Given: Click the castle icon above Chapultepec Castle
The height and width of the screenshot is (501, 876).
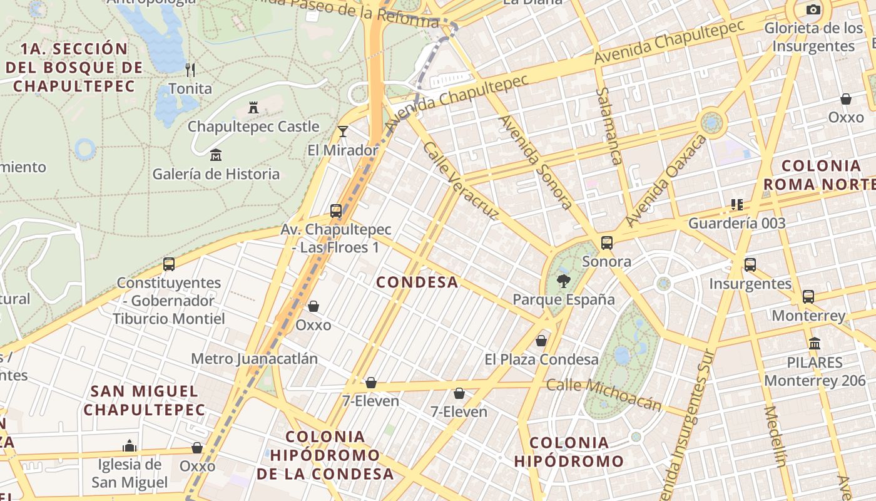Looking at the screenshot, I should click(253, 108).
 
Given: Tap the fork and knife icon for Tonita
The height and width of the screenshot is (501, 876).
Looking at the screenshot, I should click(190, 70).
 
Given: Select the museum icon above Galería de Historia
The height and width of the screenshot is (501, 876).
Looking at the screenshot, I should click(216, 155).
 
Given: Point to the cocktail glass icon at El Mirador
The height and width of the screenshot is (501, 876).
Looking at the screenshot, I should click(343, 131).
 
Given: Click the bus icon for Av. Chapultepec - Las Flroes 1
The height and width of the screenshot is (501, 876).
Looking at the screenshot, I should click(336, 210).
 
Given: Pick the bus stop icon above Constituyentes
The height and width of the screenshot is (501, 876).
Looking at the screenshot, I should click(169, 264).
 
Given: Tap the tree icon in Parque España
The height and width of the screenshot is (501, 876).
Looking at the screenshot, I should click(564, 281).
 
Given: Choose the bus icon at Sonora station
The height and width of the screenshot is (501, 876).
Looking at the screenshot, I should click(606, 243).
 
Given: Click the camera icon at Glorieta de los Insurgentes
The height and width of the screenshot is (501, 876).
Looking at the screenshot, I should click(813, 9).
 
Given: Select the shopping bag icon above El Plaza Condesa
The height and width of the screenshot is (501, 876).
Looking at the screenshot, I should click(541, 341).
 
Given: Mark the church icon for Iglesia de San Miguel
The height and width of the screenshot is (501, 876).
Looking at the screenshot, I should click(130, 446).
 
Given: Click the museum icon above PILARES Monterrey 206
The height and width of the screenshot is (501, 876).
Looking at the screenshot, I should click(815, 343).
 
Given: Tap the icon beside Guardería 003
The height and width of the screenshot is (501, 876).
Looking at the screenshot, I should click(737, 205).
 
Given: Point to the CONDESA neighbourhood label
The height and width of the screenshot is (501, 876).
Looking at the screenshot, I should click(417, 282).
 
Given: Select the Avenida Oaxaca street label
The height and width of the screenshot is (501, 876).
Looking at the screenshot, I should click(666, 181).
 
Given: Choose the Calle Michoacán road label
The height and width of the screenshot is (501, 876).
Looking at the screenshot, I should click(604, 395).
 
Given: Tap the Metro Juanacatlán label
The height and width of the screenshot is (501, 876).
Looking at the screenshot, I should click(254, 359).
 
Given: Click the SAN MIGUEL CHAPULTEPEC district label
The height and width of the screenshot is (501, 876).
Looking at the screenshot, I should click(145, 401).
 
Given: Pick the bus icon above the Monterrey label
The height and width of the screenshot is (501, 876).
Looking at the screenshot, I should click(808, 297).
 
